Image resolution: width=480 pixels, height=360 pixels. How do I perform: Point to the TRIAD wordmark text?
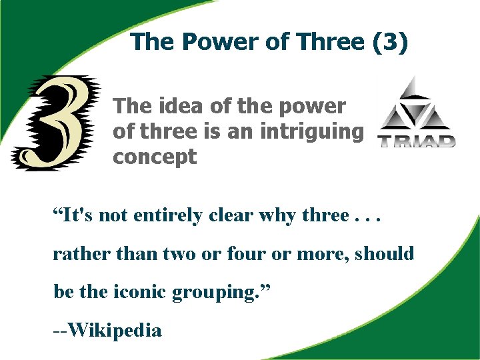point(417,141)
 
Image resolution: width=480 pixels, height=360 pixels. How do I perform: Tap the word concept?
point(155,157)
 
